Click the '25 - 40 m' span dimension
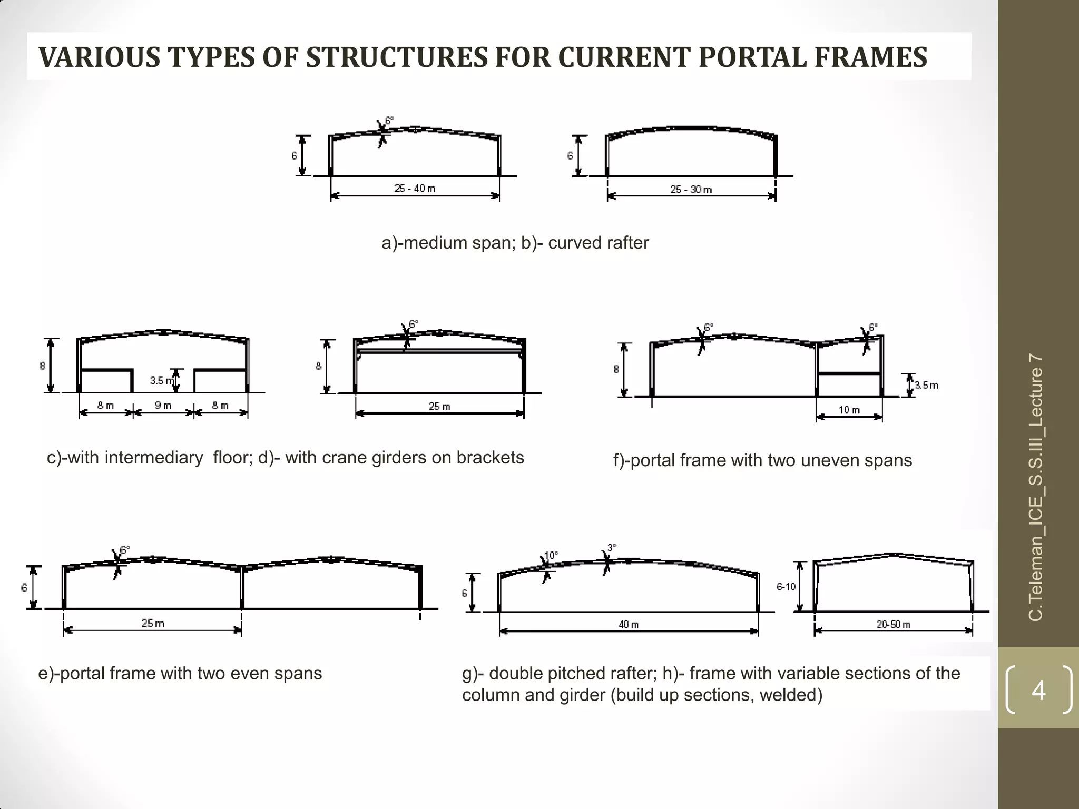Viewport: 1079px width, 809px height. (x=415, y=189)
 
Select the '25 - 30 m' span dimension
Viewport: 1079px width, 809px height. (x=691, y=190)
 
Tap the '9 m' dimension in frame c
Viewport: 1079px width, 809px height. (x=163, y=406)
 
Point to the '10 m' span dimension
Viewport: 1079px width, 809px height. (x=849, y=410)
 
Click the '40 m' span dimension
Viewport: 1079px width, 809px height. (x=629, y=625)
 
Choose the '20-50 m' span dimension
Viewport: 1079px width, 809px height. (x=893, y=625)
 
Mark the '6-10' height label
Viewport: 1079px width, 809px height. (x=786, y=587)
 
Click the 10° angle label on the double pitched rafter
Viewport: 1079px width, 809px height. (x=551, y=556)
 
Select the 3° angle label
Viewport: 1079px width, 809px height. (x=612, y=548)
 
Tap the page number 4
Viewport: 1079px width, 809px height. (x=1038, y=690)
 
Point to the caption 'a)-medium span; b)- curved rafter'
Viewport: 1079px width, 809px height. (x=515, y=243)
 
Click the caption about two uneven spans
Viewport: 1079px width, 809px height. (x=762, y=460)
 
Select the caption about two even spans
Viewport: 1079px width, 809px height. (x=180, y=674)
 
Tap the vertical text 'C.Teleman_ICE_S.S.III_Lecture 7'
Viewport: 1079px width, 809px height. (x=1035, y=487)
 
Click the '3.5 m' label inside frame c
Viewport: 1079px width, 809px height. (x=160, y=380)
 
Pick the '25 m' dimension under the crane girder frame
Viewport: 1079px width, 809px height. (x=439, y=407)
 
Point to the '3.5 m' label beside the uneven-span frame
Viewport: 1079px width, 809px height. (x=926, y=385)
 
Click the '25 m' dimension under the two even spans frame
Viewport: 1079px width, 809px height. (x=153, y=624)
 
